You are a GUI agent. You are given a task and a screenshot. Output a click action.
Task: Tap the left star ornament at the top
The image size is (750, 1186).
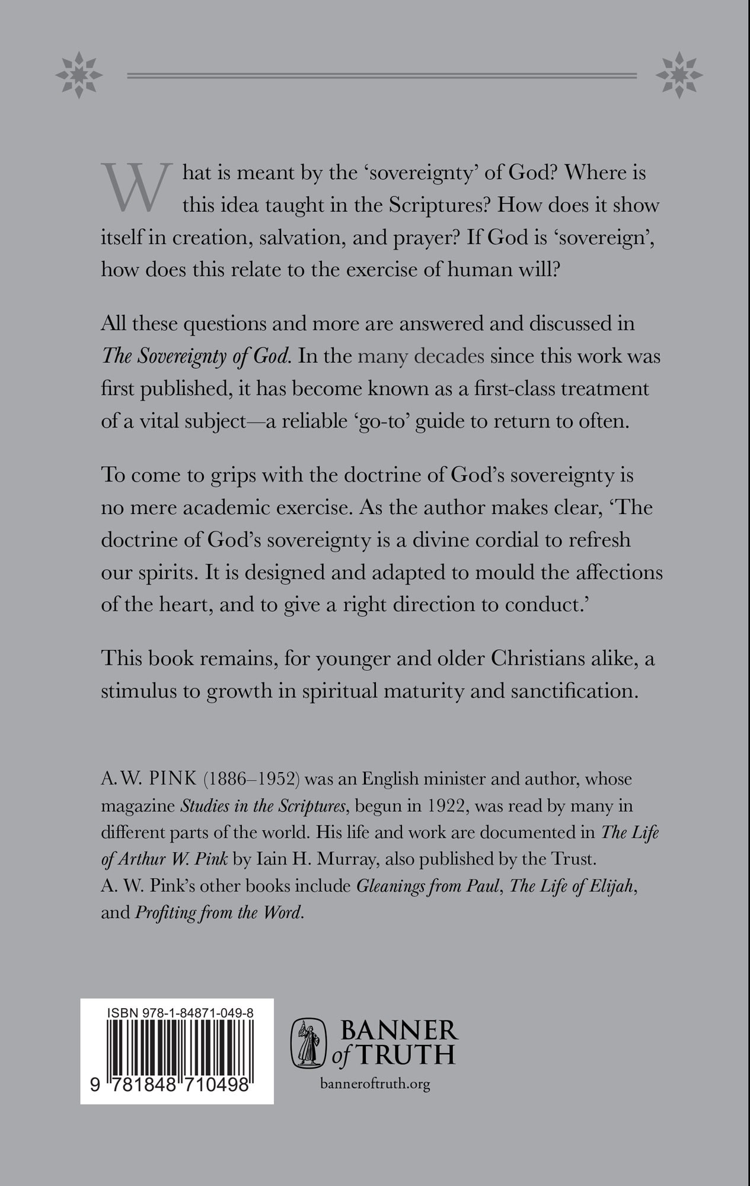coord(79,75)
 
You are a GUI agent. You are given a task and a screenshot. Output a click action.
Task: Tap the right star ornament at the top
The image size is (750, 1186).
coord(678,75)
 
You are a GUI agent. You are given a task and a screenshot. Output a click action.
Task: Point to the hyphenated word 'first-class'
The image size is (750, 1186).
coord(504,388)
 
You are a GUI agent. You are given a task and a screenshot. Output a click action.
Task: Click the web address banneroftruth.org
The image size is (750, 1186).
coord(375,1085)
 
